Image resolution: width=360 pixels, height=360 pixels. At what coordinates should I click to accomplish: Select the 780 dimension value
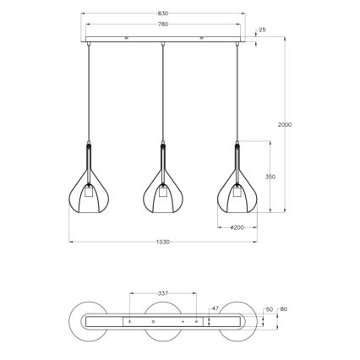point(162,25)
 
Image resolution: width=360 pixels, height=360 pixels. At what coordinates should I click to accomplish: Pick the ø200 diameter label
point(237,227)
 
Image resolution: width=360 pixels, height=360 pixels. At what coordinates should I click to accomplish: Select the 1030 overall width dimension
point(162,242)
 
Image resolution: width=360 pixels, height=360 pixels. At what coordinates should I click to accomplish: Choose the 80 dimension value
point(283,310)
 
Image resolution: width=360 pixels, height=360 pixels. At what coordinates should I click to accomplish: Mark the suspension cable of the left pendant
point(89,93)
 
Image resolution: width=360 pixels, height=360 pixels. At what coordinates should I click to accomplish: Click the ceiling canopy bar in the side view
point(162,41)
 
